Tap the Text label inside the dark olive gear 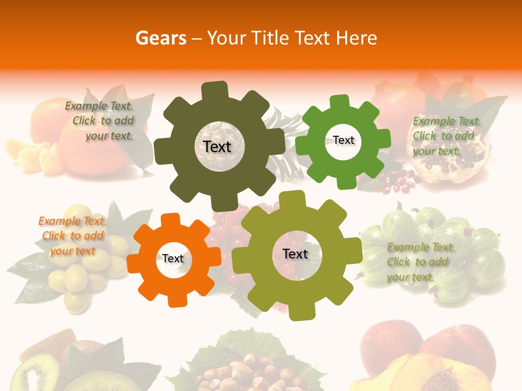pos(217,147)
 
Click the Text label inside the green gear pos(343,140)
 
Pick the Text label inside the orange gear pos(173,258)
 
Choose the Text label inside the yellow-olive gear pos(295,254)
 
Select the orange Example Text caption pos(72,236)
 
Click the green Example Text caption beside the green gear pos(446,136)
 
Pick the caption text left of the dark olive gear pos(101,121)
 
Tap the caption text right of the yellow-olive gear pos(420,262)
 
